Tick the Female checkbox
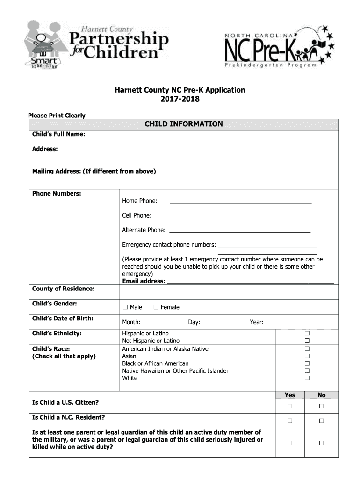(156, 307)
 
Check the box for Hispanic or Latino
(307, 333)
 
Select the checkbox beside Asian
(307, 356)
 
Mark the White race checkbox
(307, 378)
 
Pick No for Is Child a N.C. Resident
(322, 421)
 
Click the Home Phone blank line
(240, 202)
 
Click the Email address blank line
(250, 282)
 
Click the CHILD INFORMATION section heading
(183, 124)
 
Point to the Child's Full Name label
(58, 135)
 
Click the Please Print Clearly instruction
(57, 116)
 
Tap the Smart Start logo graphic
(44, 62)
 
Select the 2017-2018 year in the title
(180, 99)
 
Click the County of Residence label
(63, 289)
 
